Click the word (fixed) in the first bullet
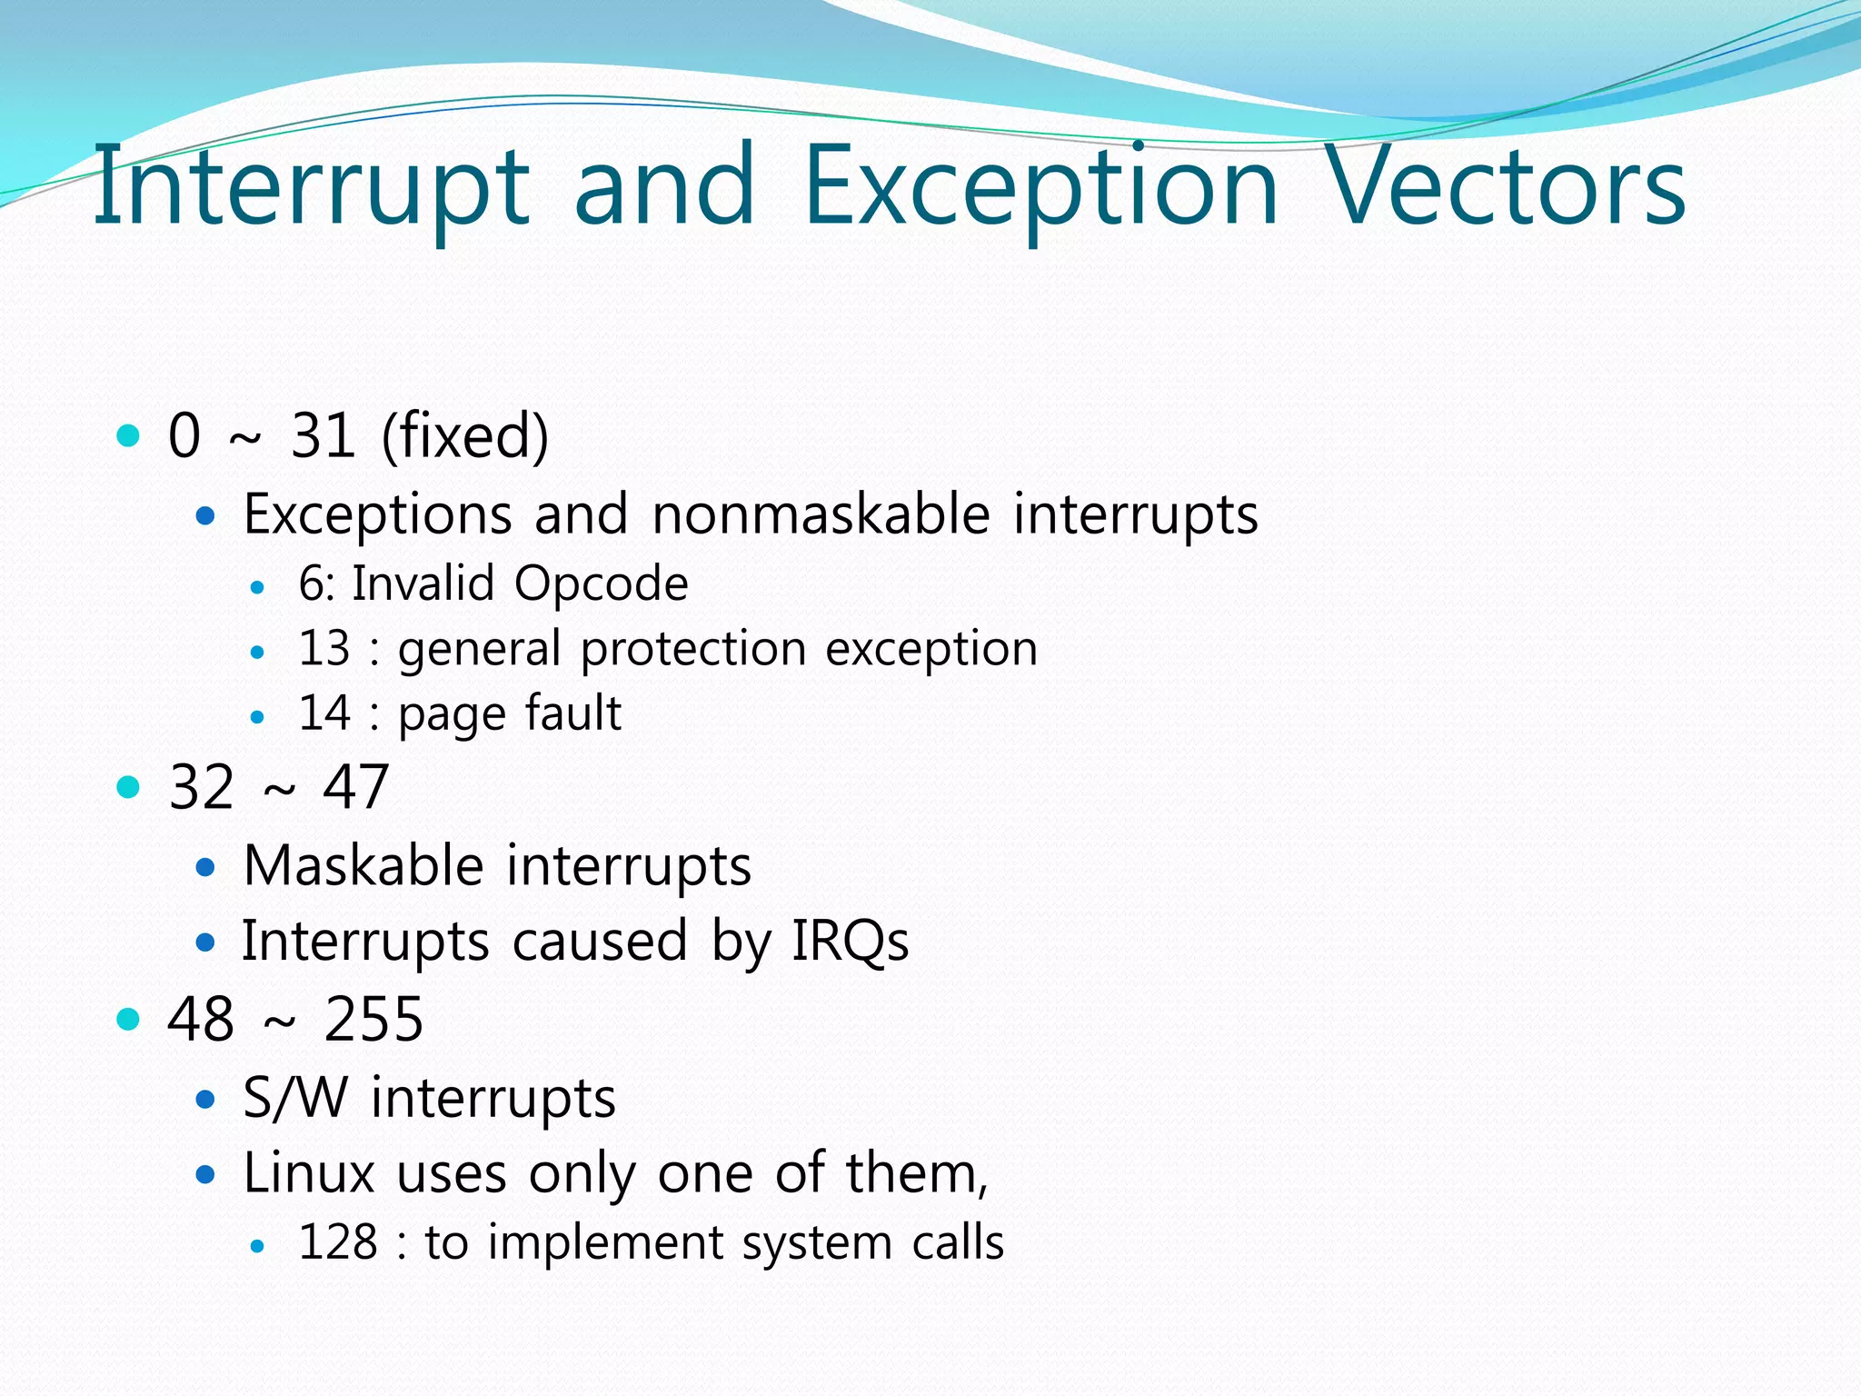[x=464, y=437]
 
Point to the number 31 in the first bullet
[x=323, y=436]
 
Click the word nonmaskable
[x=820, y=514]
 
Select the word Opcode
[x=601, y=583]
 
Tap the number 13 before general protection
[x=323, y=649]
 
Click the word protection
[x=693, y=650]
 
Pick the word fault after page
[x=572, y=713]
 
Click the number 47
[x=355, y=787]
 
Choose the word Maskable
[x=363, y=865]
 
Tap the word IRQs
[x=850, y=942]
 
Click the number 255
[x=373, y=1020]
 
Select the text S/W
[x=295, y=1098]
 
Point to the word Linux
[x=309, y=1173]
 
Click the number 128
[x=337, y=1242]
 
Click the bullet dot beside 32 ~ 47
[x=129, y=787]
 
